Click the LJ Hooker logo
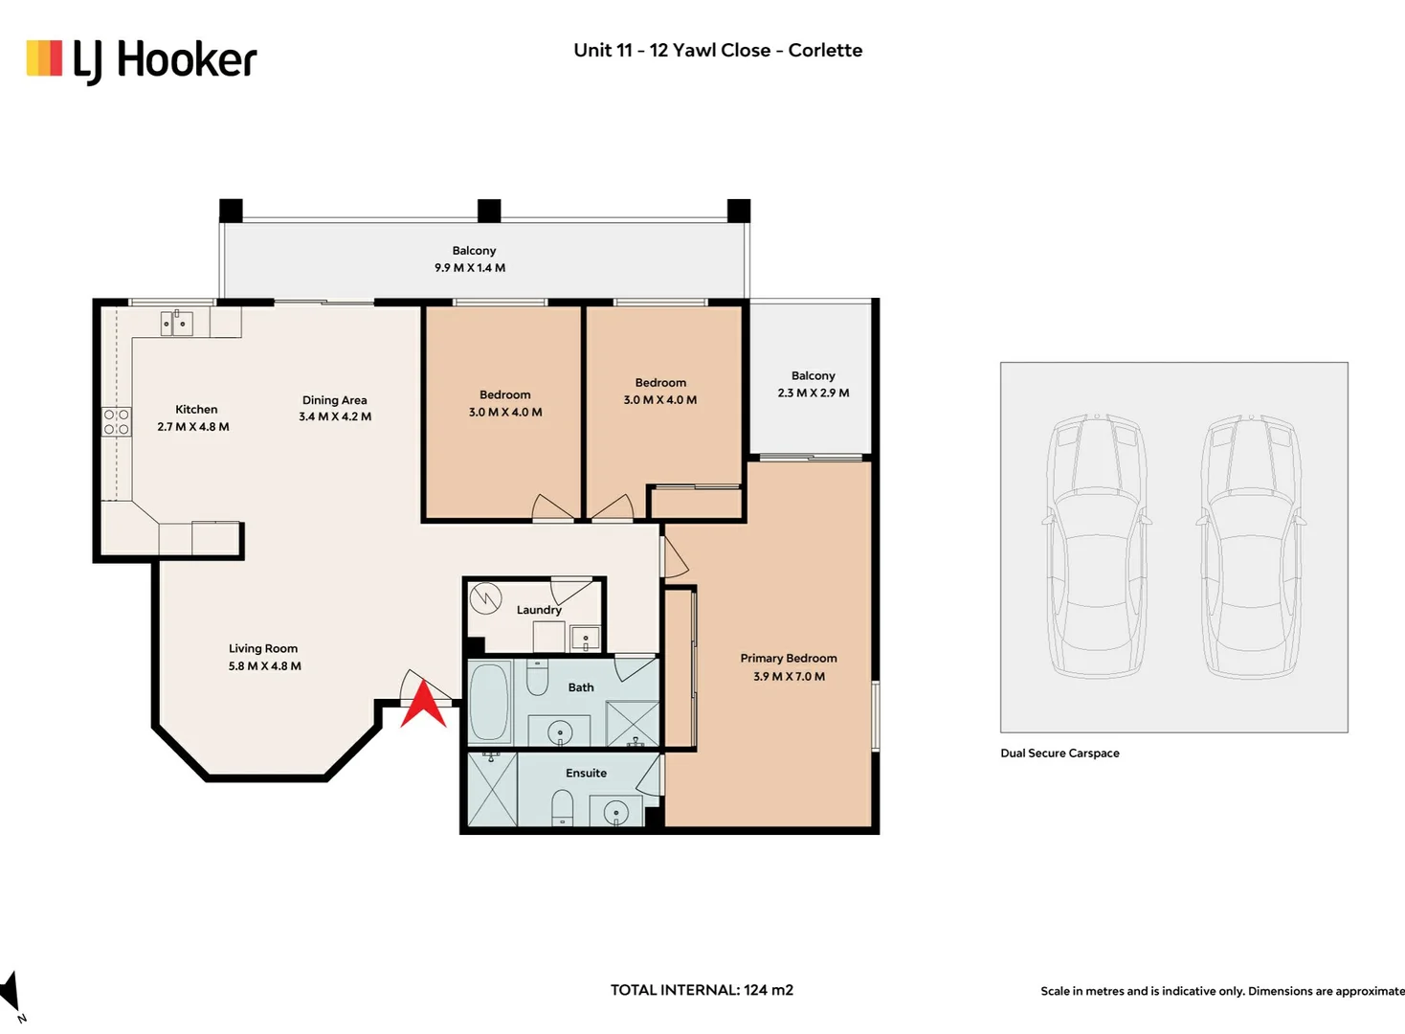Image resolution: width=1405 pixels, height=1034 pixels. pyautogui.click(x=142, y=61)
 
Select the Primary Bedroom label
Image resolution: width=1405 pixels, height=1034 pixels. pyautogui.click(x=789, y=658)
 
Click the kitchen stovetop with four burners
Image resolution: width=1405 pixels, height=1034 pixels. pyautogui.click(x=117, y=421)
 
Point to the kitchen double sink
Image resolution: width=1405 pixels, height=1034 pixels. pyautogui.click(x=177, y=323)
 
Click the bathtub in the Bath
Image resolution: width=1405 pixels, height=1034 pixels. pyautogui.click(x=489, y=703)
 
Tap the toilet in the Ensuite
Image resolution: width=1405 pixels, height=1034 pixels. pyautogui.click(x=563, y=807)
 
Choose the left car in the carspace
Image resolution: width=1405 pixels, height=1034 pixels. pyautogui.click(x=1097, y=546)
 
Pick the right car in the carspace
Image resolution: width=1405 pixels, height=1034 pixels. pyautogui.click(x=1251, y=546)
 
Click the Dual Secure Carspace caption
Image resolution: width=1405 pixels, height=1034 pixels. pyautogui.click(x=1059, y=753)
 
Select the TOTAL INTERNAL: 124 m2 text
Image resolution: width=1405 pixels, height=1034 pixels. pyautogui.click(x=702, y=990)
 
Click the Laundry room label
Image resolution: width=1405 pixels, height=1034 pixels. pyautogui.click(x=539, y=610)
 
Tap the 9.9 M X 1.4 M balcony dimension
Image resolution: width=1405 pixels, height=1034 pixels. pyautogui.click(x=470, y=268)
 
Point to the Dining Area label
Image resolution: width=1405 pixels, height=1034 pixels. pyautogui.click(x=334, y=400)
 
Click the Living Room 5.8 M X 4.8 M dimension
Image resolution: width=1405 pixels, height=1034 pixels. pyautogui.click(x=265, y=666)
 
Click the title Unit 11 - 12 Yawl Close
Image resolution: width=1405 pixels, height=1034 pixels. pyautogui.click(x=672, y=50)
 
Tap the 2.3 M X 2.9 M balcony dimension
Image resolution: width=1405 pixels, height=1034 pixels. pyautogui.click(x=814, y=393)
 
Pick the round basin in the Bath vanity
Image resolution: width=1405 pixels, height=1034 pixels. pyautogui.click(x=560, y=731)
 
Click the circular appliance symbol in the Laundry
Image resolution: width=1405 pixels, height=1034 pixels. pyautogui.click(x=485, y=598)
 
